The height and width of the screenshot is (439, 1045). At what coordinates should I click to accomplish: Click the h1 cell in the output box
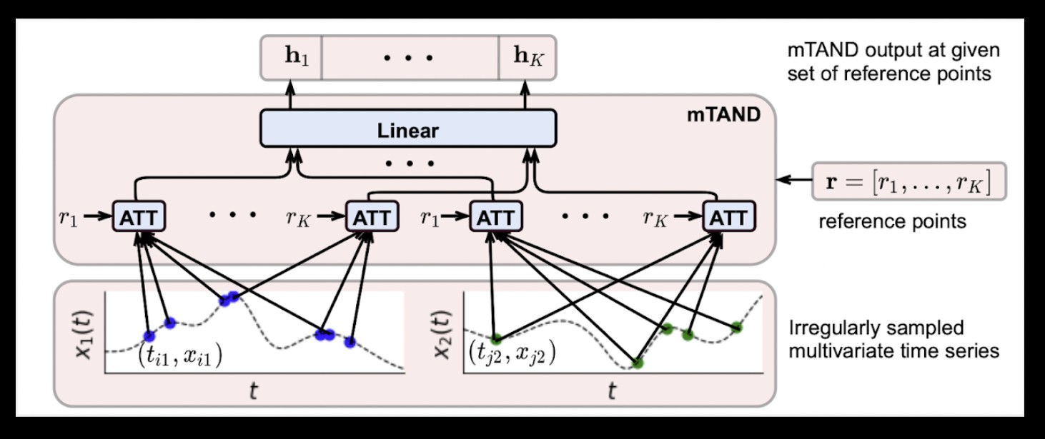297,56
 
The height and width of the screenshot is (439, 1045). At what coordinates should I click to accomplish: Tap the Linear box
407,131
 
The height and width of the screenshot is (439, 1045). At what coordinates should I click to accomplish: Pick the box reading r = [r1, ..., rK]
909,182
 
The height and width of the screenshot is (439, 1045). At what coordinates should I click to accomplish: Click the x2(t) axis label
440,332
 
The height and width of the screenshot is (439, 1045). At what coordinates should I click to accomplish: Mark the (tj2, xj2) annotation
512,353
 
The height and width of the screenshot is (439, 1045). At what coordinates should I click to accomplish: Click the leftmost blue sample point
149,335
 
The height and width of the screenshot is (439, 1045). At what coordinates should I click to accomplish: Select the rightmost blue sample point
350,342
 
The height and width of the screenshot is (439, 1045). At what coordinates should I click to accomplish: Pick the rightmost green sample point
737,328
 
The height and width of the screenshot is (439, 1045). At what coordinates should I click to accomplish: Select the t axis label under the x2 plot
612,390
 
